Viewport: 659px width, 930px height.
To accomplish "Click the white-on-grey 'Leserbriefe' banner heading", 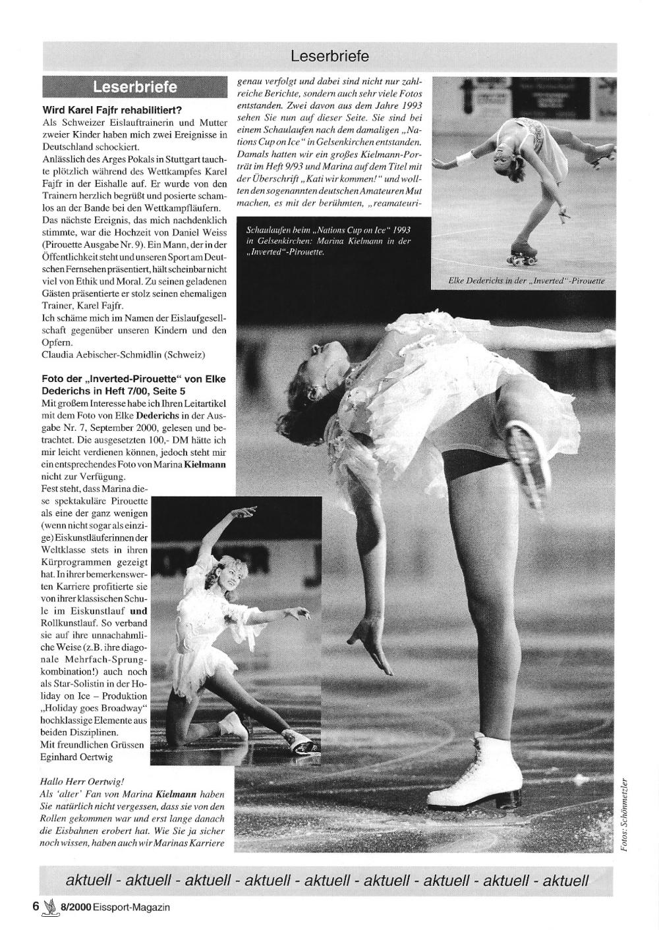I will (135, 87).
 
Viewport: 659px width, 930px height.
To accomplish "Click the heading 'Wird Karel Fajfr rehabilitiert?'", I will (112, 110).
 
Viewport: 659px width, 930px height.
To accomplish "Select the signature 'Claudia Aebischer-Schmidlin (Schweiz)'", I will (123, 354).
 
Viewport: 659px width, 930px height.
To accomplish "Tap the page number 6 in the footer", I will (36, 906).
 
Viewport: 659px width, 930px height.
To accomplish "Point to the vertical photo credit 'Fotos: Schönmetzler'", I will (627, 816).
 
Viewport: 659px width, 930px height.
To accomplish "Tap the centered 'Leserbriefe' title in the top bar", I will (329, 57).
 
